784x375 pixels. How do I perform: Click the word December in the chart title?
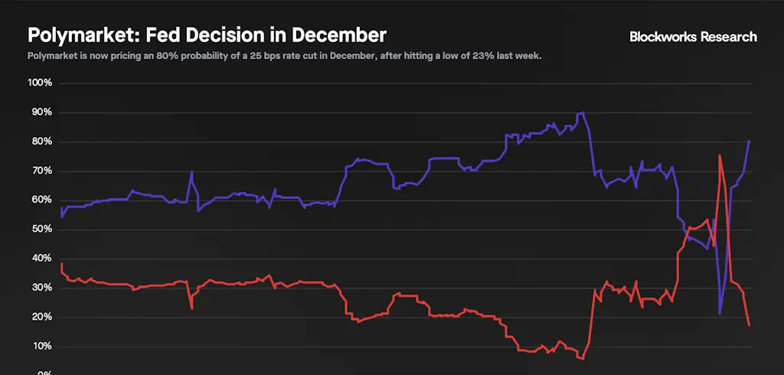click(339, 35)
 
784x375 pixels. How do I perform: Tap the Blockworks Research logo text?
click(692, 37)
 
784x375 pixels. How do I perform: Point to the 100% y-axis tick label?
click(39, 83)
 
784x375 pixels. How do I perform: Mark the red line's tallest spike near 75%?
click(720, 156)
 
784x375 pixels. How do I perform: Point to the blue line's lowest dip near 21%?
click(720, 313)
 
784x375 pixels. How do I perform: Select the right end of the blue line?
click(749, 141)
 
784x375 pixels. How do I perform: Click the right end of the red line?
click(749, 325)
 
